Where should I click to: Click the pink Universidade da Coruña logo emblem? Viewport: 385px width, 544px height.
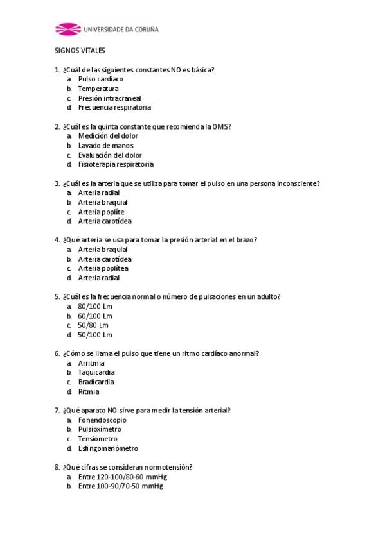point(67,29)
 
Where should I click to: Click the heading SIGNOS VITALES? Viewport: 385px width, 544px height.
point(80,51)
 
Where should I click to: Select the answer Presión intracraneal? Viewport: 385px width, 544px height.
point(109,98)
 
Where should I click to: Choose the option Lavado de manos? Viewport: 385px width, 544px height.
point(105,146)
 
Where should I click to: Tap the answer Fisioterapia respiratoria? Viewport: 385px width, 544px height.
point(116,164)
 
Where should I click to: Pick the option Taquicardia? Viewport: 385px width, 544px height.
point(96,372)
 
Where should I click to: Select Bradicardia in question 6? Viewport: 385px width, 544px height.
point(96,382)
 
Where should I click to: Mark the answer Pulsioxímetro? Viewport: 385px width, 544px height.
point(100,429)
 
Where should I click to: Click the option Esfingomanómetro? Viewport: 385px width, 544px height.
point(108,448)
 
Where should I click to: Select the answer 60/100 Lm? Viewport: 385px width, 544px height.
point(95,316)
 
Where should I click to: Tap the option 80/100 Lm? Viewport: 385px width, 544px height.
point(95,306)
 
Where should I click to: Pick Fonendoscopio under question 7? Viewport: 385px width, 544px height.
point(102,420)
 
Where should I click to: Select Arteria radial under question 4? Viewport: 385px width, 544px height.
point(99,278)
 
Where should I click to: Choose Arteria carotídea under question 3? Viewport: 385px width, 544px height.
point(105,221)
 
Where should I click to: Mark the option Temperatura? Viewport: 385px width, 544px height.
point(98,89)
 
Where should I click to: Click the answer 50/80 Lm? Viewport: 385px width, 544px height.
point(93,325)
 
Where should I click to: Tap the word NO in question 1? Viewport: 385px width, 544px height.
point(175,70)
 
